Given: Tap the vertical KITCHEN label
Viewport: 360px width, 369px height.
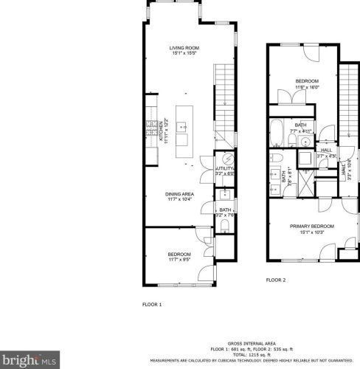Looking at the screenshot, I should pyautogui.click(x=163, y=131).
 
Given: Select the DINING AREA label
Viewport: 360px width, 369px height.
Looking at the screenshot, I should pyautogui.click(x=179, y=196).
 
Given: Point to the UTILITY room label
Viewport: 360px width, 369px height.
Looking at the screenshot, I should pyautogui.click(x=225, y=170).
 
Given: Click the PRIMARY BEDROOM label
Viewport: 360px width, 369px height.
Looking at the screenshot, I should pyautogui.click(x=311, y=228).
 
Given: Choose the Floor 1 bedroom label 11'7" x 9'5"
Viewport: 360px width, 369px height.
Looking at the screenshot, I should pyautogui.click(x=179, y=256).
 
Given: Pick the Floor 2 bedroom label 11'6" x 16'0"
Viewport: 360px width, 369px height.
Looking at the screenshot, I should pyautogui.click(x=307, y=83).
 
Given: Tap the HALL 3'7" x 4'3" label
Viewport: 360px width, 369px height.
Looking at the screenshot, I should pyautogui.click(x=327, y=153).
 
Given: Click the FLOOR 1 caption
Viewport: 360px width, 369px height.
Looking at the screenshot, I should pyautogui.click(x=152, y=304).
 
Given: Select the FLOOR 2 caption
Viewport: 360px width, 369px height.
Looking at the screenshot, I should pyautogui.click(x=276, y=280).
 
